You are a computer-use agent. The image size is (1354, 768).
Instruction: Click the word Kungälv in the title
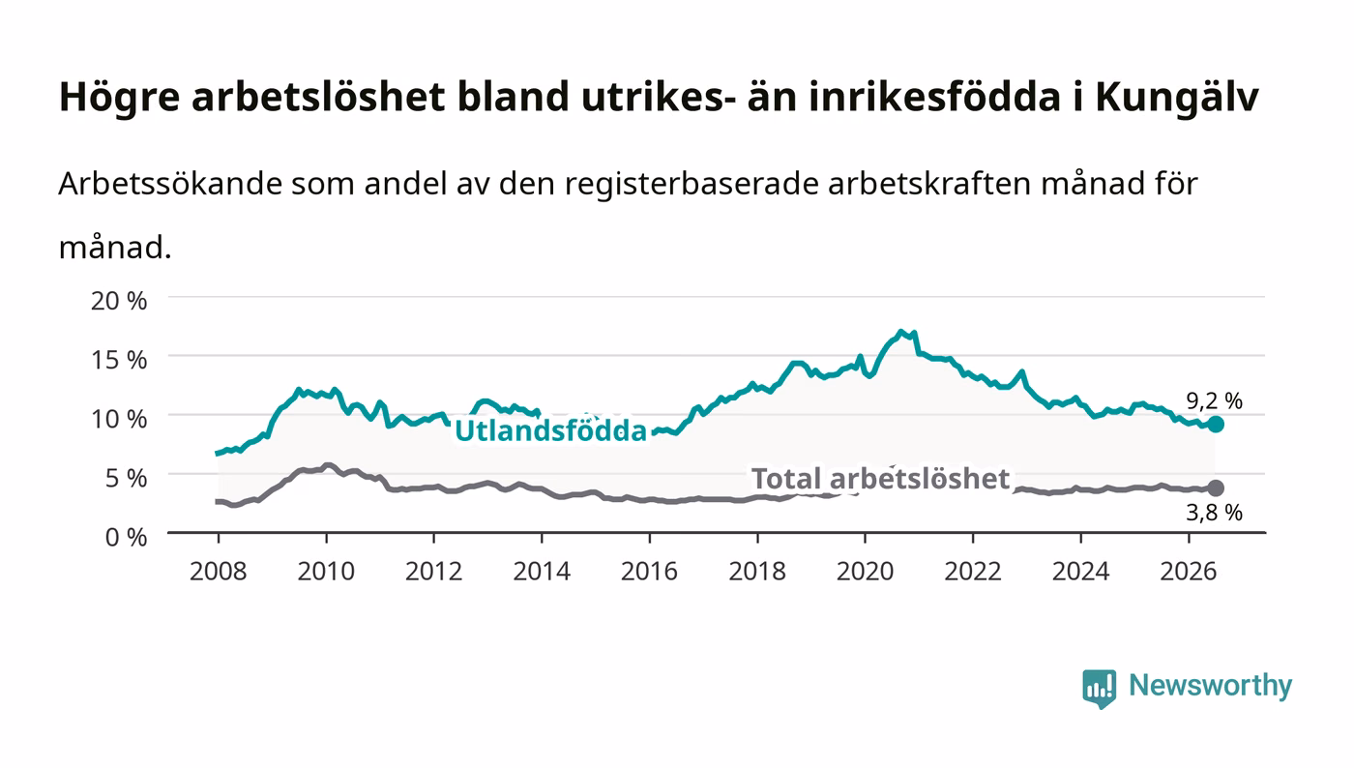1177,98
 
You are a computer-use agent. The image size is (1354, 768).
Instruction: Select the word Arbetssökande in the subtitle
170,184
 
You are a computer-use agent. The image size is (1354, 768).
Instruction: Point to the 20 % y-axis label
119,301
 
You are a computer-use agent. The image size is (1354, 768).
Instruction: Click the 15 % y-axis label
119,360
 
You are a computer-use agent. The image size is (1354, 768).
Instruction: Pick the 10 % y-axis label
119,419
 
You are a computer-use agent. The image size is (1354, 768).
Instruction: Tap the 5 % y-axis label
126,478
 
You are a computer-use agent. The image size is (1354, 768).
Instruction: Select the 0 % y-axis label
126,537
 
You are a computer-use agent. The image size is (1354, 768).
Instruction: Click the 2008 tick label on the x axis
219,572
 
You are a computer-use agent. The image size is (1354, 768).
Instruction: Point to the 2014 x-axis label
542,572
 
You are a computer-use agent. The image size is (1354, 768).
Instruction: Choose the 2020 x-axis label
865,572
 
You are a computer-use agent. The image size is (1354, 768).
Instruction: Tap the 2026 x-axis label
1189,572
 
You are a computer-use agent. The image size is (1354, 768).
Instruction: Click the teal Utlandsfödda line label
550,430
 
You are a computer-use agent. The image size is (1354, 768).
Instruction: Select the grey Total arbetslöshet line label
881,479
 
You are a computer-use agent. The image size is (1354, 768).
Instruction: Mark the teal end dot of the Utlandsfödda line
1216,424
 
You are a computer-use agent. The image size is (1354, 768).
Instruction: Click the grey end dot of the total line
1216,488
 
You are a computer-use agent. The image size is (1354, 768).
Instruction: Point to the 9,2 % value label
1215,400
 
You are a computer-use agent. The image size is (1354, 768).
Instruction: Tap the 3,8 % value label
1215,513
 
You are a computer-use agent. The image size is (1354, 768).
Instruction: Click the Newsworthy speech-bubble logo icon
1099,689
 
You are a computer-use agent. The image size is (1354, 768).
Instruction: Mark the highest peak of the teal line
900,332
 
